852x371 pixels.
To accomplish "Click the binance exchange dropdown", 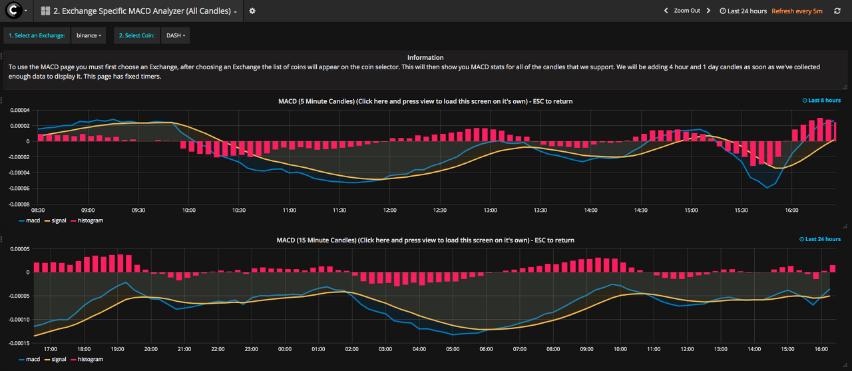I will click(x=89, y=35).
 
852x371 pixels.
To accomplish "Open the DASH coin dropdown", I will click(x=175, y=35).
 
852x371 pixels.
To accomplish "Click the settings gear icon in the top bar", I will click(x=252, y=11).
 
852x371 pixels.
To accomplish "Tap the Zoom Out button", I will click(x=687, y=11).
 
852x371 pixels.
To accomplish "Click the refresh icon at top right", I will click(x=837, y=11).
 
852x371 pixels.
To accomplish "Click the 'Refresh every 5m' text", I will click(x=797, y=11).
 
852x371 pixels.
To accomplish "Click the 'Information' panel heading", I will click(x=425, y=58).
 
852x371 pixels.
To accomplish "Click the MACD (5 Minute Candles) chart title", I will click(x=425, y=101).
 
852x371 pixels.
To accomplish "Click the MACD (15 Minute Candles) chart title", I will click(x=425, y=240).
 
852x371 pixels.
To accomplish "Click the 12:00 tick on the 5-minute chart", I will click(x=389, y=210).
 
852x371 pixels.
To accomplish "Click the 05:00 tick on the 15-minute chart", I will click(x=453, y=349).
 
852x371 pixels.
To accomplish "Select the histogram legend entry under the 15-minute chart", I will click(x=90, y=360).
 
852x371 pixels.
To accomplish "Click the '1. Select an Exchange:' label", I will click(x=37, y=35).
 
